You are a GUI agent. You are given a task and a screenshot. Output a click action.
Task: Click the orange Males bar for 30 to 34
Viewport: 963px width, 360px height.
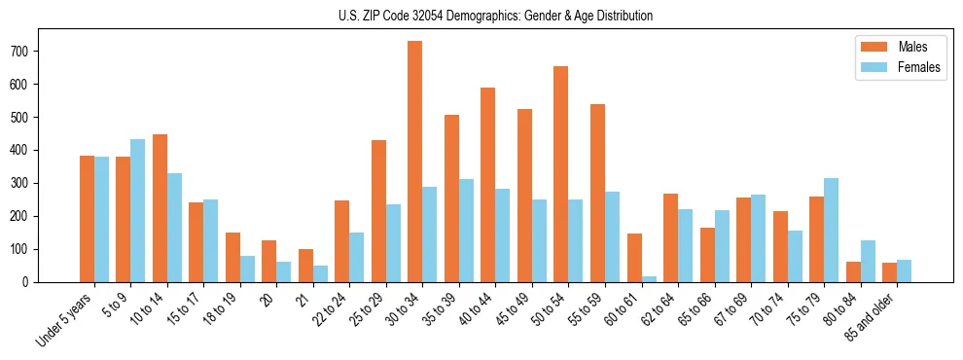(x=415, y=162)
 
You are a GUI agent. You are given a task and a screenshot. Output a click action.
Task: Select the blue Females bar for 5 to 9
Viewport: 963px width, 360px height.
(x=137, y=210)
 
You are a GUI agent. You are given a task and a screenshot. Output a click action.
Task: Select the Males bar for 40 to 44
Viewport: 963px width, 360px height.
(x=488, y=185)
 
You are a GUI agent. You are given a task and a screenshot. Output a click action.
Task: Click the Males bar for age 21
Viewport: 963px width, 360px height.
(x=305, y=266)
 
